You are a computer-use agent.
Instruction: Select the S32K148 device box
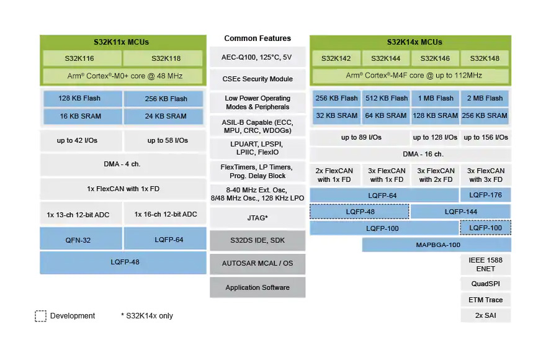(x=485, y=58)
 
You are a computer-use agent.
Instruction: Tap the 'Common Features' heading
(x=257, y=38)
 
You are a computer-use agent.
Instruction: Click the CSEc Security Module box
(x=257, y=79)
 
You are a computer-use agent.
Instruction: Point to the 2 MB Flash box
(x=485, y=98)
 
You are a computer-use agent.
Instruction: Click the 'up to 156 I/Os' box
(x=486, y=138)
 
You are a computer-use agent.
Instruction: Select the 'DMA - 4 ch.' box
(x=123, y=164)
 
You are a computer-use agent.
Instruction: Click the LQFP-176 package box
(x=485, y=195)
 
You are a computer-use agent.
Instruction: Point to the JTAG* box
(x=257, y=218)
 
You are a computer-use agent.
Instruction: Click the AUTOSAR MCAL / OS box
(x=257, y=263)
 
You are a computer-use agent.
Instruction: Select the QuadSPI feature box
(x=486, y=284)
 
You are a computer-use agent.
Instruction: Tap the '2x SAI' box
(x=486, y=315)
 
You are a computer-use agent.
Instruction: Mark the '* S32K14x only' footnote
(x=146, y=316)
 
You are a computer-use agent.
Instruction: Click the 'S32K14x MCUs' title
(x=414, y=42)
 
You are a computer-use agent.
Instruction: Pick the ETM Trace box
(x=486, y=300)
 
